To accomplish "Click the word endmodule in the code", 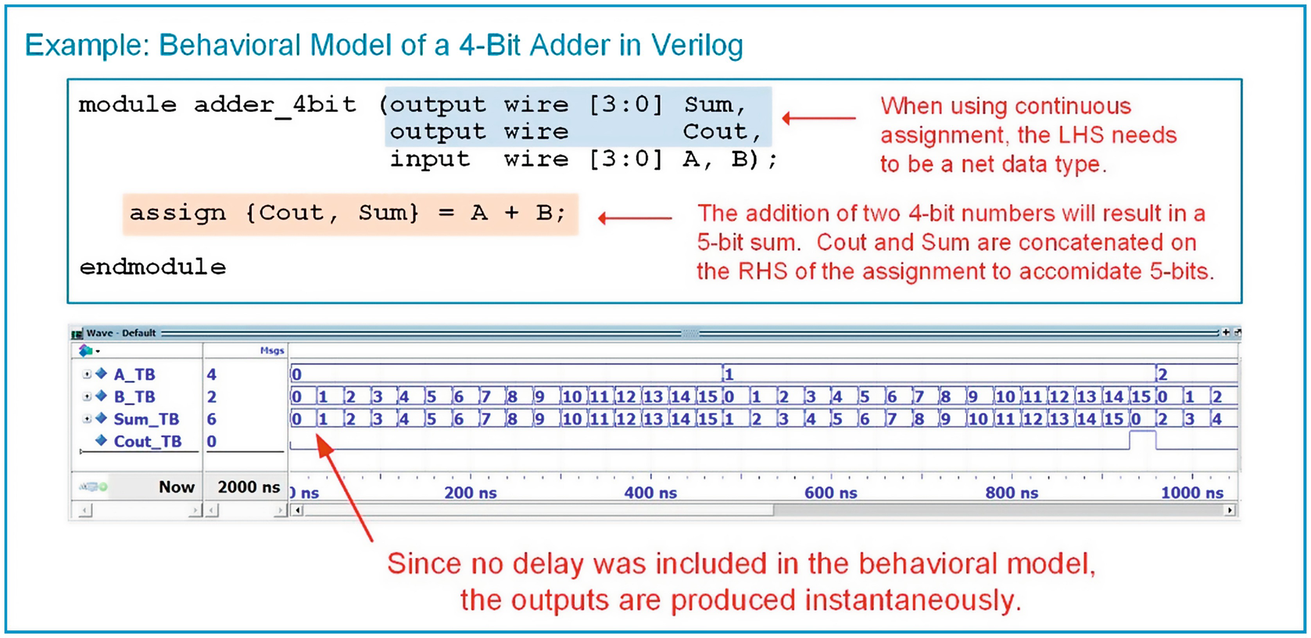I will click(152, 267).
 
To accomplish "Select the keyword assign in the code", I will click(177, 213).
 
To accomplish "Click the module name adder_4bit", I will click(274, 105).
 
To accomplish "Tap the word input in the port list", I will click(430, 159).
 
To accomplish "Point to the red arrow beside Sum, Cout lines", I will click(818, 118).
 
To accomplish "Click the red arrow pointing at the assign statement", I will click(635, 218).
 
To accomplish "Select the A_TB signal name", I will click(134, 375).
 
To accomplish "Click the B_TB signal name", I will click(134, 397).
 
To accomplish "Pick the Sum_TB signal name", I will click(146, 419).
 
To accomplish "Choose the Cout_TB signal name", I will click(147, 442).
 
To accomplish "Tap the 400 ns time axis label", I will click(650, 493).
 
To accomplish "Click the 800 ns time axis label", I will click(1012, 493).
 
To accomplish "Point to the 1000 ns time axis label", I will click(1191, 493).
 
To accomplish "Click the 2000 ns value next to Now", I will click(249, 487).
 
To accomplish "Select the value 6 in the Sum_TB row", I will click(212, 419).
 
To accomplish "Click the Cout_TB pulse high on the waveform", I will click(1143, 432).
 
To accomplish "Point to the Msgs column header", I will click(272, 351).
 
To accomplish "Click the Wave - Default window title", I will click(121, 333).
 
